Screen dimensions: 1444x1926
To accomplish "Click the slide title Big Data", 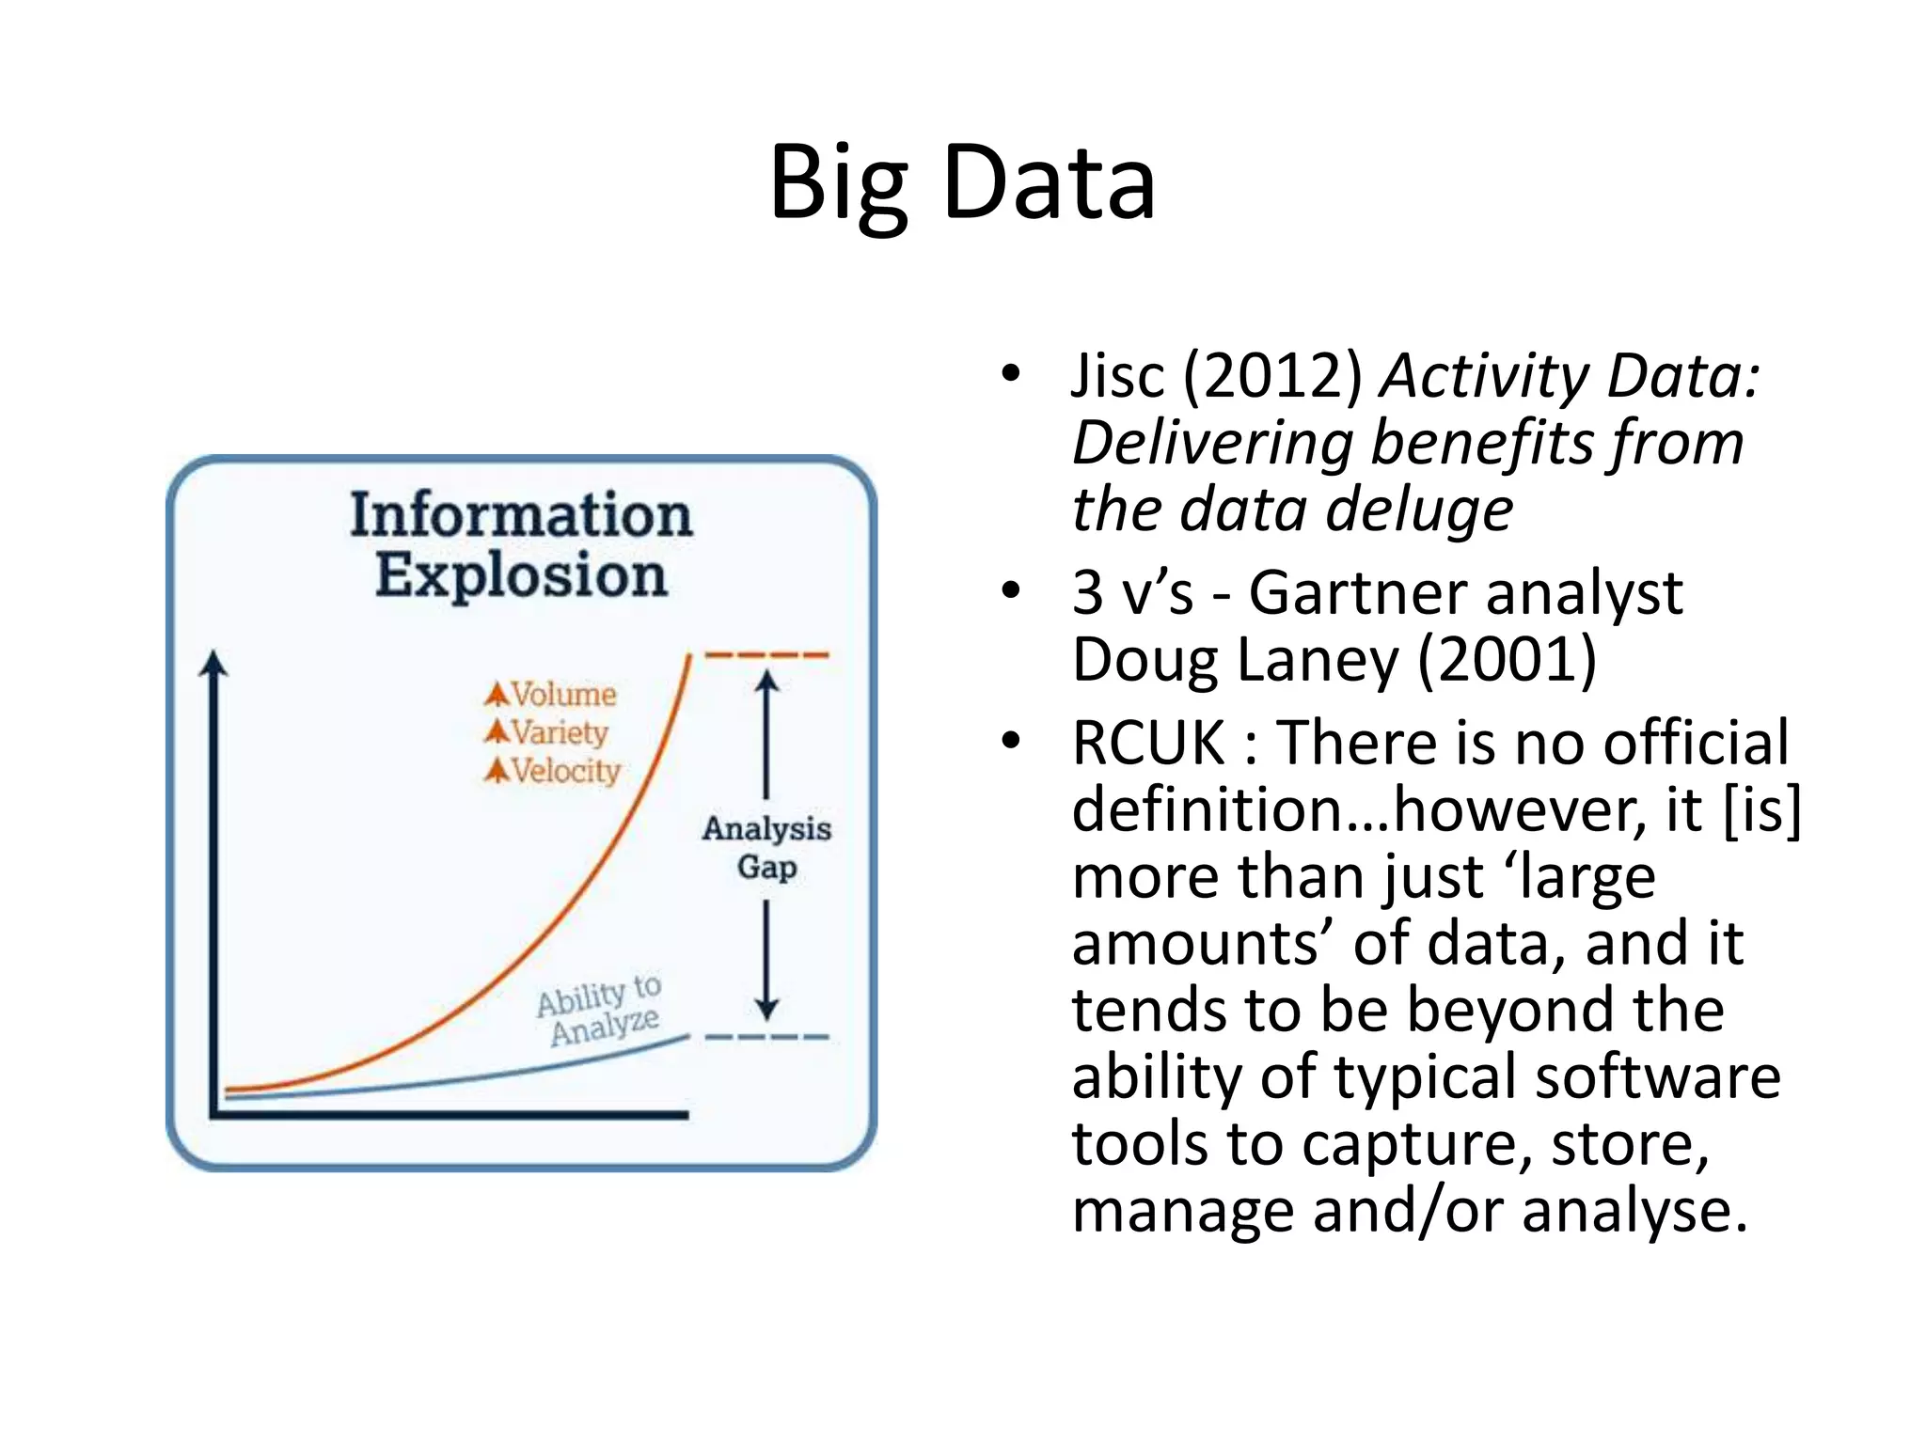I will (962, 183).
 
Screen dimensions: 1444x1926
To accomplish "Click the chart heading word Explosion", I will (521, 575).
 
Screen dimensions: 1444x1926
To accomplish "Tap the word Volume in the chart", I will (563, 695).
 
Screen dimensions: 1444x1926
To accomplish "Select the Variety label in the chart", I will (560, 732).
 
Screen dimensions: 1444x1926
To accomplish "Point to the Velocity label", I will (565, 771).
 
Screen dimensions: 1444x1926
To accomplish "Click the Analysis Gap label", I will (766, 847).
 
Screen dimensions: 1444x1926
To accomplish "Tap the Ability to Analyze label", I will (600, 1011).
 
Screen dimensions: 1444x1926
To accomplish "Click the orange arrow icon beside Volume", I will (497, 695).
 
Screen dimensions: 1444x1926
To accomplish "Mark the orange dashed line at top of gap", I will (766, 654).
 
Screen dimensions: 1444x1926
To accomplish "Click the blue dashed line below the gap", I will (766, 1037).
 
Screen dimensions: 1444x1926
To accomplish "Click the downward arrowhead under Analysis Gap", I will (767, 1010).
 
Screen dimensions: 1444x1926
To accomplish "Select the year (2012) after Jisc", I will (1272, 376).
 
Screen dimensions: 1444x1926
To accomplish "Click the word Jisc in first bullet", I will (1117, 376).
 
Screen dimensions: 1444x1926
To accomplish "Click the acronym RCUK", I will (1148, 743).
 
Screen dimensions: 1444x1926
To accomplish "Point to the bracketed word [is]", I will (1761, 810).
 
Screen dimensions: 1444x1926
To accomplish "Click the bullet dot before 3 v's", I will (1011, 591).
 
